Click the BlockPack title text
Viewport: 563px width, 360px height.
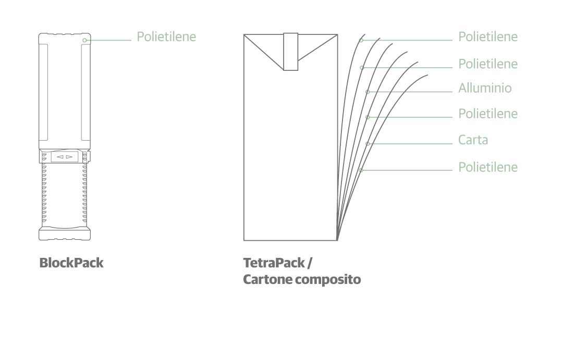(x=71, y=263)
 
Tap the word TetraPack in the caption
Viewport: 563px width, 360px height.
(x=274, y=263)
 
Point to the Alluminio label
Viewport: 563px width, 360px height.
(x=485, y=88)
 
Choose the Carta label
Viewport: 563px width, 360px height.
(x=473, y=140)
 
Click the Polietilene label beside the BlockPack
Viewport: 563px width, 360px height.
(x=166, y=36)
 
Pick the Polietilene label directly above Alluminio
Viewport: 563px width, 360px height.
(x=488, y=64)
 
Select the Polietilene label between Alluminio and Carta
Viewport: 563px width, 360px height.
(x=488, y=114)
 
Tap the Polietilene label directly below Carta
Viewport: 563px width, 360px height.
(x=488, y=167)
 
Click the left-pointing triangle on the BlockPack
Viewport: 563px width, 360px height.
(x=60, y=157)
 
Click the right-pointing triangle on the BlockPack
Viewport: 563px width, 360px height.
(x=69, y=157)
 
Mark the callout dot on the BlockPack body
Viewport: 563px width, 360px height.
(x=85, y=40)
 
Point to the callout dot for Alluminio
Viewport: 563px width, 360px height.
(x=368, y=92)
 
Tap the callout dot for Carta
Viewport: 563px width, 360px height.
(x=368, y=144)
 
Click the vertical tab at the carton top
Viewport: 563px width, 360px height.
(x=291, y=52)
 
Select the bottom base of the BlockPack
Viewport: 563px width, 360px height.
(x=65, y=233)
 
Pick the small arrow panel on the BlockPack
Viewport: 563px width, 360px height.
(x=65, y=157)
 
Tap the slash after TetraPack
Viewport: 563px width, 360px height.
(x=309, y=263)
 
